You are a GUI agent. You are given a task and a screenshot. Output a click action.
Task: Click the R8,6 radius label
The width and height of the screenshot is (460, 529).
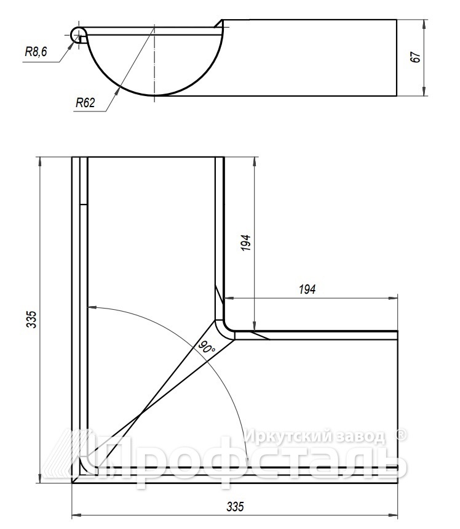pos(36,52)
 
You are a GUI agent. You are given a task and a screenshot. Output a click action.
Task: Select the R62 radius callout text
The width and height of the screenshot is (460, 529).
pos(85,103)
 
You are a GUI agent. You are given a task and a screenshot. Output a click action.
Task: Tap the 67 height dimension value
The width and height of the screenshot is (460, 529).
pos(416,57)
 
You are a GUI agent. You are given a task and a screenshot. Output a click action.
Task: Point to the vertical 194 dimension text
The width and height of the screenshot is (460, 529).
pos(246,243)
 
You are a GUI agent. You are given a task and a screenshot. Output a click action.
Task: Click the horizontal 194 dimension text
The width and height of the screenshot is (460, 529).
pos(307,289)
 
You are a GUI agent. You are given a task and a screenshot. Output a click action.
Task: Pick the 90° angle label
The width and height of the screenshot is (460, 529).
pos(206,347)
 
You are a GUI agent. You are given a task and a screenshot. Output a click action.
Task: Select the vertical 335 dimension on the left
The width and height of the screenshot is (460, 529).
pos(31,319)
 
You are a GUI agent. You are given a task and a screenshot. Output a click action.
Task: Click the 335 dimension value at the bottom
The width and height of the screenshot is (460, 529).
pos(235,506)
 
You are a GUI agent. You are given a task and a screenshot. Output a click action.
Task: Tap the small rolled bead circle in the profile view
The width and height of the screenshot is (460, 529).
pos(79,35)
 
